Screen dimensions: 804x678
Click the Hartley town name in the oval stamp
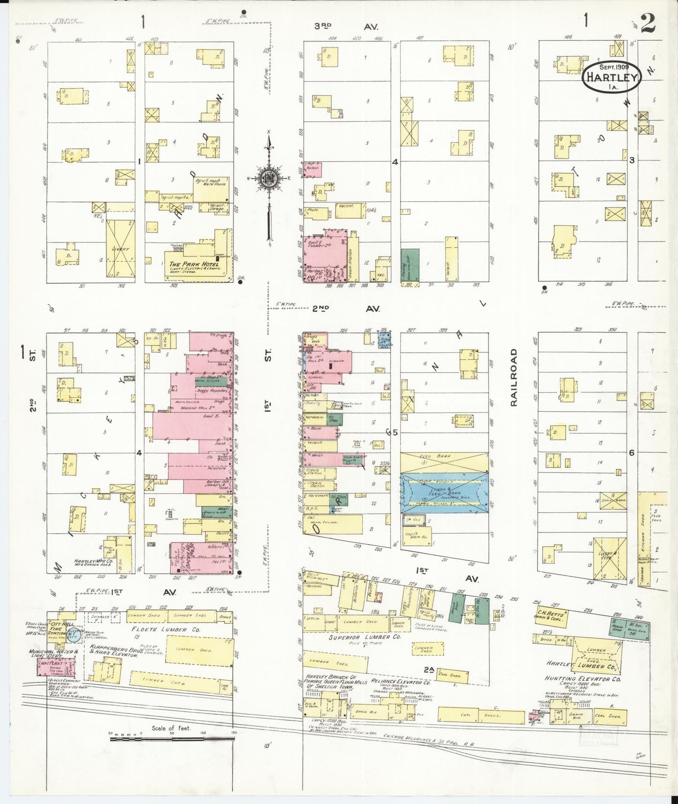(612, 78)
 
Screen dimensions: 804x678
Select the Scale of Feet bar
(172, 739)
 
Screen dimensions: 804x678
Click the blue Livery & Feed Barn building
(444, 493)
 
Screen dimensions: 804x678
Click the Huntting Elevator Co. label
(583, 679)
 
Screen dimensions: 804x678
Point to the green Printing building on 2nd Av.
(410, 265)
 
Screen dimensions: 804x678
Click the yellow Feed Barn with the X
(444, 463)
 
